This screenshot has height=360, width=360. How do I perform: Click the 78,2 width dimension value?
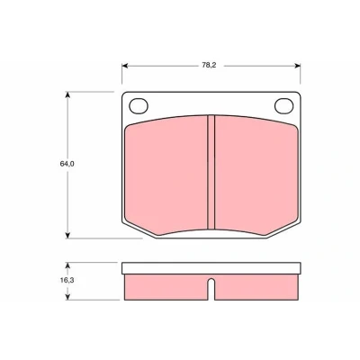click(x=209, y=66)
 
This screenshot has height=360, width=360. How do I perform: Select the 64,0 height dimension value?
click(x=67, y=164)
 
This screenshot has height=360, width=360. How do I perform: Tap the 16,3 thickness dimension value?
click(x=67, y=280)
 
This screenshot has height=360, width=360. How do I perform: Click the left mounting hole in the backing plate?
click(x=139, y=106)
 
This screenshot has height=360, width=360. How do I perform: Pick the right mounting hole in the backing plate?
click(x=283, y=106)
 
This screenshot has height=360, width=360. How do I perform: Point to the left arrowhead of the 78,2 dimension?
click(x=125, y=66)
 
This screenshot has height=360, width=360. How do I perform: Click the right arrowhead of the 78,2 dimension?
click(x=297, y=66)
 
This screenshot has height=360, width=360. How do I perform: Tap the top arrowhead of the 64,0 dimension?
click(x=67, y=94)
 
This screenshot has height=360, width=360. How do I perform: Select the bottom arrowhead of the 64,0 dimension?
click(x=67, y=236)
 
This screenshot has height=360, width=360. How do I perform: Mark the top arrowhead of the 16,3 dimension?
click(x=67, y=265)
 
